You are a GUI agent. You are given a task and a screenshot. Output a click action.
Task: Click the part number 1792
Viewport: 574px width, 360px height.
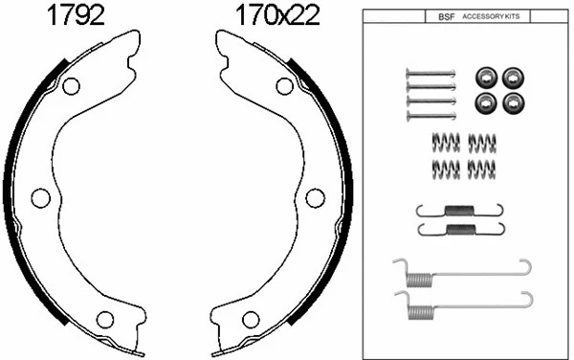click(77, 15)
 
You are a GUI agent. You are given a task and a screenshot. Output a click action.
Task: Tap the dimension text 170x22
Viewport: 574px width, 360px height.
click(277, 15)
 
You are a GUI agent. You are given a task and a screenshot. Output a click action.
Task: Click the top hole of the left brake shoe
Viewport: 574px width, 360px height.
click(70, 86)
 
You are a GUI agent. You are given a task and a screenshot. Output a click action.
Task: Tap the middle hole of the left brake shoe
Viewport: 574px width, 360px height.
click(40, 197)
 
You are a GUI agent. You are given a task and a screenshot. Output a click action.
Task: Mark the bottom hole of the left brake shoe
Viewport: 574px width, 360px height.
click(105, 319)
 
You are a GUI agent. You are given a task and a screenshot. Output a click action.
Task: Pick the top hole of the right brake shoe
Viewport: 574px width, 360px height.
click(284, 86)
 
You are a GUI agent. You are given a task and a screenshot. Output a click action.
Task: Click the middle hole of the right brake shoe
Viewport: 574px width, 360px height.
click(315, 197)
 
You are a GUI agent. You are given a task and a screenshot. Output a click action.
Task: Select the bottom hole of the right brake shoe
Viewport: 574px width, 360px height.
click(251, 319)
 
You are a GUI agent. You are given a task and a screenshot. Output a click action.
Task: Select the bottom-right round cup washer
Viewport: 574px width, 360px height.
click(512, 101)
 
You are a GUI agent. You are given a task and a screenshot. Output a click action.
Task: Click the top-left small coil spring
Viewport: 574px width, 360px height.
click(446, 142)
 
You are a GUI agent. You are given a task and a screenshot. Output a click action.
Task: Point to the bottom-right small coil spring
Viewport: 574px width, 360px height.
click(481, 169)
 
